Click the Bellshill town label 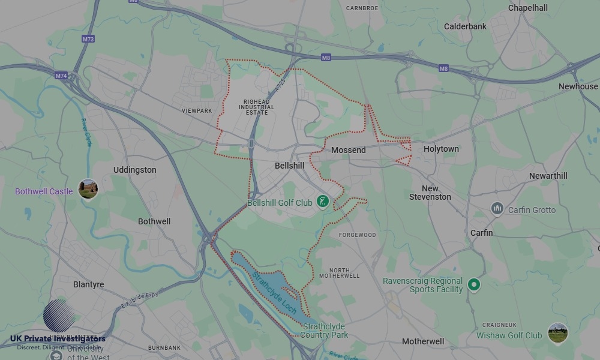[x=289, y=166]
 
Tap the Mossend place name [x=348, y=150]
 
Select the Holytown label [x=441, y=149]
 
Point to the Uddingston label [x=134, y=170]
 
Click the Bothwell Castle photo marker [x=88, y=189]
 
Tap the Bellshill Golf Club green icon [x=323, y=201]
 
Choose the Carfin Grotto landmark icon [x=497, y=209]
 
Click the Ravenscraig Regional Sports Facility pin [x=474, y=285]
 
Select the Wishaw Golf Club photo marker [x=558, y=333]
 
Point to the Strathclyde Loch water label [x=274, y=293]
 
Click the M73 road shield [x=88, y=39]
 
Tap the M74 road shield [x=61, y=76]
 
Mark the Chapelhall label [x=528, y=8]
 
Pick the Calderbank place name [x=465, y=26]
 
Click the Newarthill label [x=548, y=176]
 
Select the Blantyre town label [x=88, y=284]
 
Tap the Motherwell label [x=423, y=341]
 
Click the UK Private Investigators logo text [x=58, y=339]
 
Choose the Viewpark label [x=197, y=111]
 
